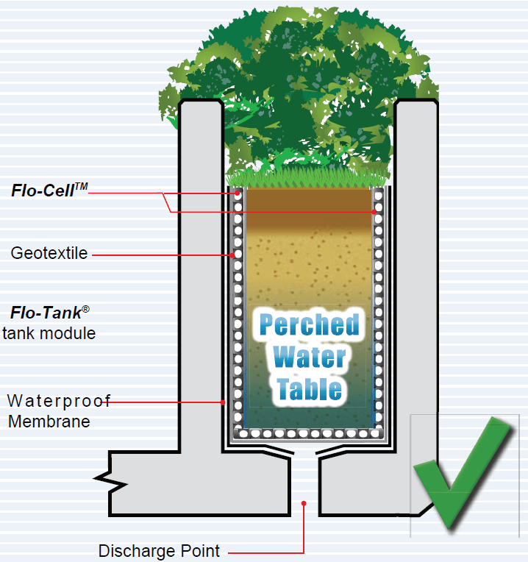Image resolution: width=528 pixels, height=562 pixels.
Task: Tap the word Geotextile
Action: click(x=49, y=254)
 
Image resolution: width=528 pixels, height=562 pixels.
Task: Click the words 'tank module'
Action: click(x=49, y=332)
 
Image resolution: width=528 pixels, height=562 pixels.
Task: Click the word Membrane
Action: click(x=49, y=421)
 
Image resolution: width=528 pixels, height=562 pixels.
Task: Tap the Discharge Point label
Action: click(x=159, y=551)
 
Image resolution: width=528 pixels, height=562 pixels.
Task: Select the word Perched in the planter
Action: click(x=310, y=324)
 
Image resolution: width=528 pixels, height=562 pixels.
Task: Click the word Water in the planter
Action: click(x=310, y=357)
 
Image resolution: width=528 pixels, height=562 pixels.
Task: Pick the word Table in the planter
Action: click(x=310, y=388)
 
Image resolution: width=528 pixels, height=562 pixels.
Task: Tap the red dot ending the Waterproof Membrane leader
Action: click(x=224, y=402)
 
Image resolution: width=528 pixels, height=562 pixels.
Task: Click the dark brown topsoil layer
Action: click(x=309, y=202)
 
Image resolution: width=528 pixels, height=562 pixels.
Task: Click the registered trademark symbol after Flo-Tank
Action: click(x=85, y=307)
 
